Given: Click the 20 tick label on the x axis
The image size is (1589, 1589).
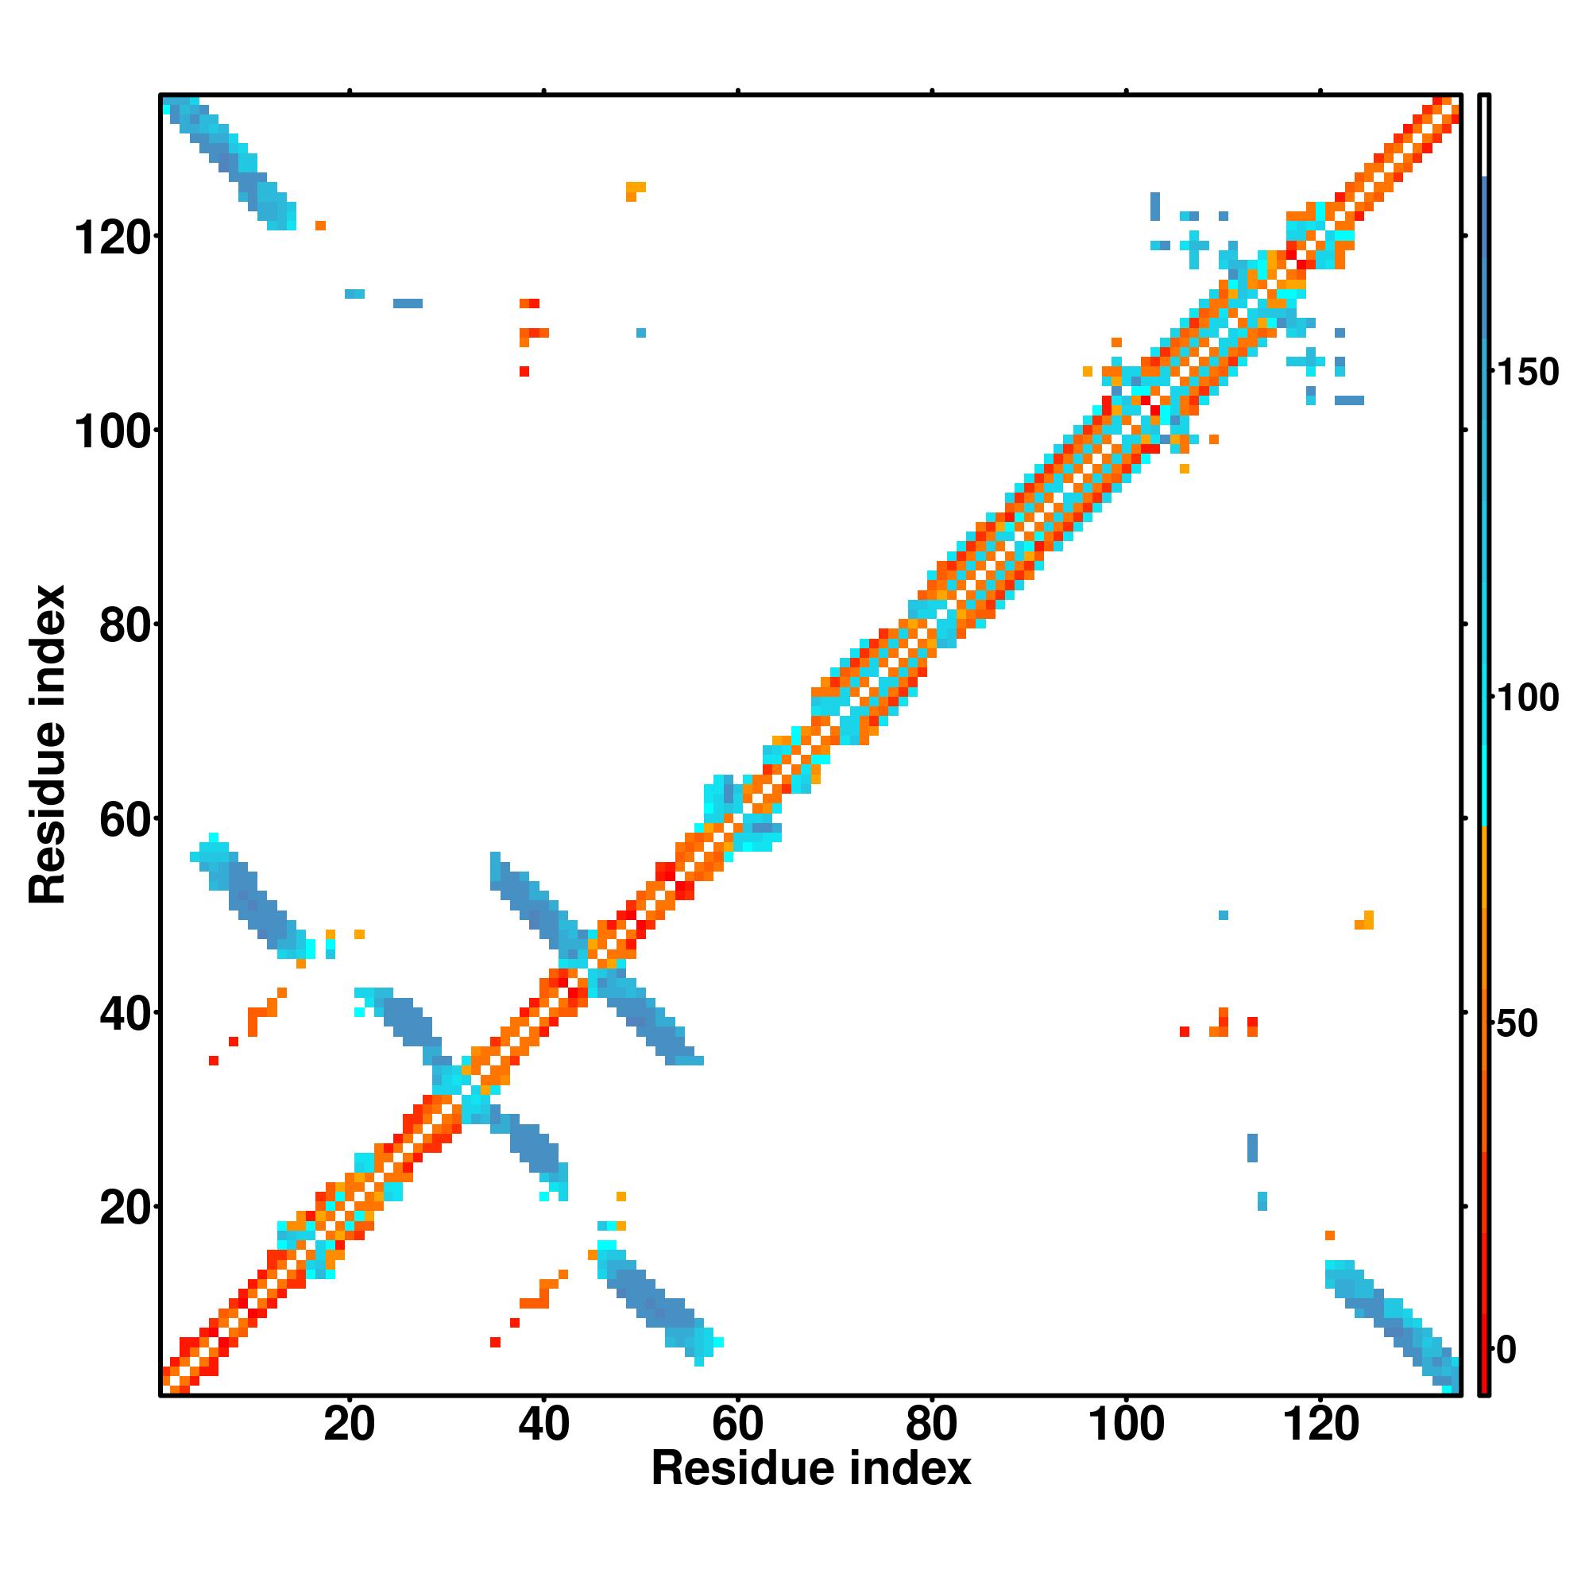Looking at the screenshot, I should point(349,1425).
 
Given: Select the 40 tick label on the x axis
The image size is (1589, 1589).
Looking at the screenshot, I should point(543,1425).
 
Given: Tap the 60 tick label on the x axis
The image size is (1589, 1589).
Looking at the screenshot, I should point(738,1425).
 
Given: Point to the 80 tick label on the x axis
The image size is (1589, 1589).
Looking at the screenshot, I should point(931,1425).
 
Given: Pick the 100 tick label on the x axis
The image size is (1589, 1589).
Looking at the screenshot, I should point(1126,1425).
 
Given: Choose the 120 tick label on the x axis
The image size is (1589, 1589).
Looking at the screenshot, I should point(1320,1425).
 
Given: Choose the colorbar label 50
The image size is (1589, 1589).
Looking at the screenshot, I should point(1518,1025).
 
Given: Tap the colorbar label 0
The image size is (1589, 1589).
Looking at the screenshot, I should point(1508,1351).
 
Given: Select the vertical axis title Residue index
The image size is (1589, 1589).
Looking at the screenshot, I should point(48,744).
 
